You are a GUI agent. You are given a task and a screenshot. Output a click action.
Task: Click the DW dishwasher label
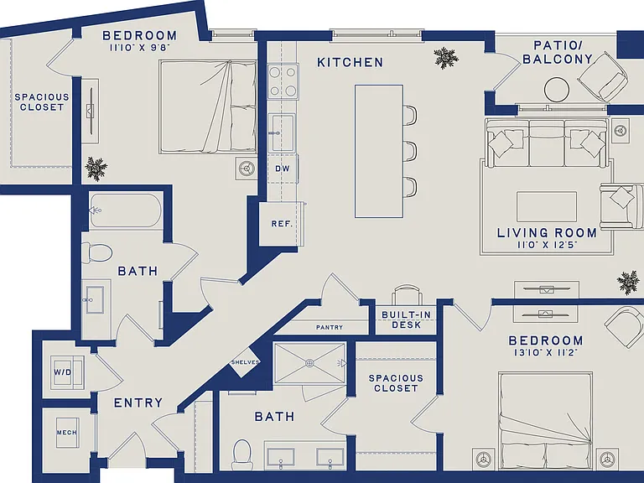click(x=282, y=169)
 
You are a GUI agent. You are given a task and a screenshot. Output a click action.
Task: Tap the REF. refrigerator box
click(x=282, y=224)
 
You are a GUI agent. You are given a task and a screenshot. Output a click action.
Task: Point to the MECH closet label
click(x=66, y=433)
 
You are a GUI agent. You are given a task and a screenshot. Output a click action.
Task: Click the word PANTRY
click(x=330, y=327)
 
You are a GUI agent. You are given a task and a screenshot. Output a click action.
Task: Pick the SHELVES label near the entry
click(x=245, y=362)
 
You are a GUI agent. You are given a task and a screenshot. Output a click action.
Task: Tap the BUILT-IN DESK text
click(x=407, y=319)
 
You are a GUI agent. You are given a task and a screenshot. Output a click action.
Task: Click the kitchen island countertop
click(x=379, y=151)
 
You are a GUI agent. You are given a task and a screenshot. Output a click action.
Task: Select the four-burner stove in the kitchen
click(x=283, y=81)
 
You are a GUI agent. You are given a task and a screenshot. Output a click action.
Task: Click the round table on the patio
click(x=557, y=89)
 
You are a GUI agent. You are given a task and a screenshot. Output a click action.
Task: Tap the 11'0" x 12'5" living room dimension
click(x=547, y=245)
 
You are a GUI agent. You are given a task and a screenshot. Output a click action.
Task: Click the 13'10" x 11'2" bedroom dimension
click(x=546, y=352)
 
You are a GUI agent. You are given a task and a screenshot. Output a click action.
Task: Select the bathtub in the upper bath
click(x=125, y=210)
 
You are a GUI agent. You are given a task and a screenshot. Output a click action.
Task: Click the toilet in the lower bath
click(x=242, y=455)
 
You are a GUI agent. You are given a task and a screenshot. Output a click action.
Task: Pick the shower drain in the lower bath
click(x=309, y=363)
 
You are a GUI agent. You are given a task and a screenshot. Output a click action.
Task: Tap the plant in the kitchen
click(x=446, y=58)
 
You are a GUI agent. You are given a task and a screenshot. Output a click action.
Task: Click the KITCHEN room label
click(x=350, y=62)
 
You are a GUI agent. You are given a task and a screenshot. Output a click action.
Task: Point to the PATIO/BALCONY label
click(x=558, y=52)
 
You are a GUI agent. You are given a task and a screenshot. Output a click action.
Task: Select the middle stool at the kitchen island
click(x=410, y=151)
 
